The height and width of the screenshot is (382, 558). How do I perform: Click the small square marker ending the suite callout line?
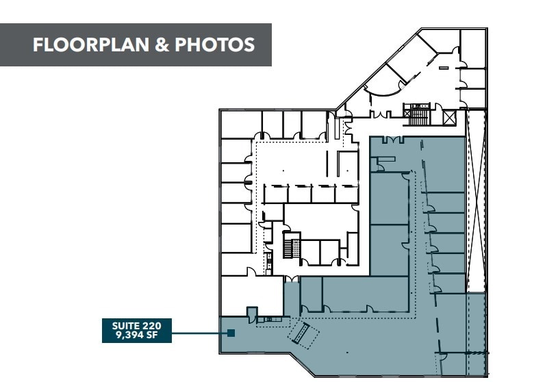(x=231, y=334)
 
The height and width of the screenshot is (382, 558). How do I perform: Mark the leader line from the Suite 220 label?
(x=199, y=334)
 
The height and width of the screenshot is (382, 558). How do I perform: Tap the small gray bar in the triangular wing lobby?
(x=444, y=68)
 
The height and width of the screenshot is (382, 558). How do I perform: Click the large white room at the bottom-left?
(x=250, y=296)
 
